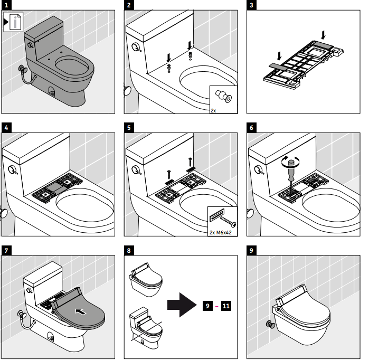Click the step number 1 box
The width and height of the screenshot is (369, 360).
pos(6,6)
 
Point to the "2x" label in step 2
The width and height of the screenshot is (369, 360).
pos(213,110)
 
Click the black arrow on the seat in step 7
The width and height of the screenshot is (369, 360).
pos(80,311)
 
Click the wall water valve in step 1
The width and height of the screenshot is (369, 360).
pos(23,69)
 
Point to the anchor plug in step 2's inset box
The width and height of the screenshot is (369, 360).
pos(223,99)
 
